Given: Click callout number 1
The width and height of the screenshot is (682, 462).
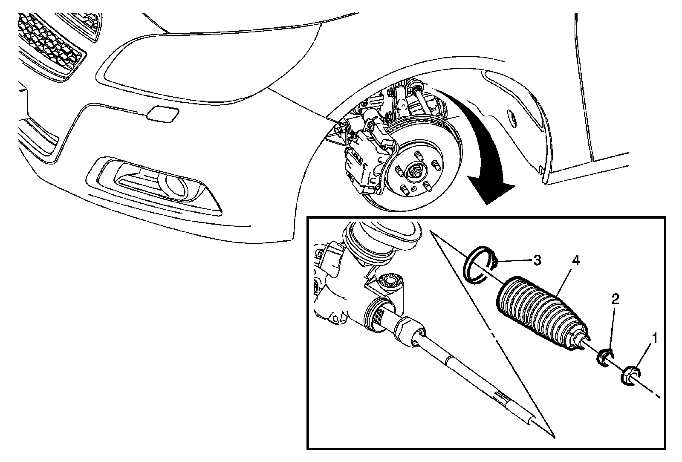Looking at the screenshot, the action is point(654,339).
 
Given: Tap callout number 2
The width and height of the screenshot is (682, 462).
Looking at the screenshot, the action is point(615,300).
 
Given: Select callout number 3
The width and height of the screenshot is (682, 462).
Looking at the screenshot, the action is point(537,260).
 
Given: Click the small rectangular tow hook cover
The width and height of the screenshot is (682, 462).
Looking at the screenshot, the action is point(162,114).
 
